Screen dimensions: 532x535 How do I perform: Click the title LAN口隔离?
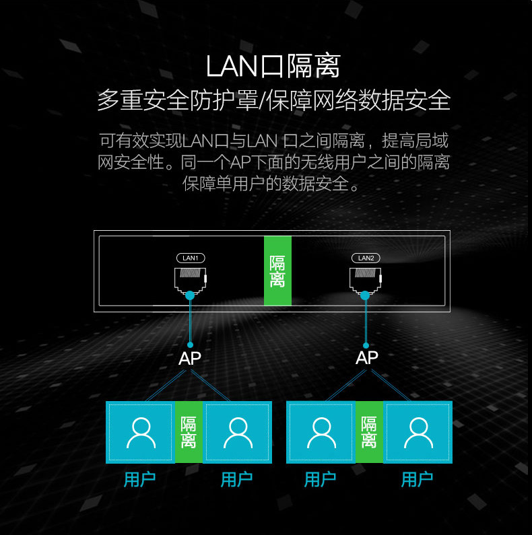273,66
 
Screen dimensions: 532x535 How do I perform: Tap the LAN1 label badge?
191,258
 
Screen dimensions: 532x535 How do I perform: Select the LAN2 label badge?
366,258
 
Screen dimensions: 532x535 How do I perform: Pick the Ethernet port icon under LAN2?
366,279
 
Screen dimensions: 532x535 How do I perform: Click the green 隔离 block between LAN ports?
277,271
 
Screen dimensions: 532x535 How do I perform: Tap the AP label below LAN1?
190,359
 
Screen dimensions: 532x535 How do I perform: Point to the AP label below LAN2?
367,357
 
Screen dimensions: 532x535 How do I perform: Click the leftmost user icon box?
140,432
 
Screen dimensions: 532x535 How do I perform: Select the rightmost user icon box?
418,432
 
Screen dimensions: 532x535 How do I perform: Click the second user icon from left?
237,432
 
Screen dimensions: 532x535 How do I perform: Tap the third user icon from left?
321,432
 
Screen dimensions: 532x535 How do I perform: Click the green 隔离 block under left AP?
189,432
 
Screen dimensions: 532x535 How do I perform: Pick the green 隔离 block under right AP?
369,432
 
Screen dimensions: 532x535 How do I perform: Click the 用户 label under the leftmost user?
140,479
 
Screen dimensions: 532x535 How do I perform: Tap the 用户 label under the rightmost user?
418,479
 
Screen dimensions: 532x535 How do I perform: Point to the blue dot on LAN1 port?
191,295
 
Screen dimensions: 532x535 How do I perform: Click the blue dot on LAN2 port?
365,295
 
